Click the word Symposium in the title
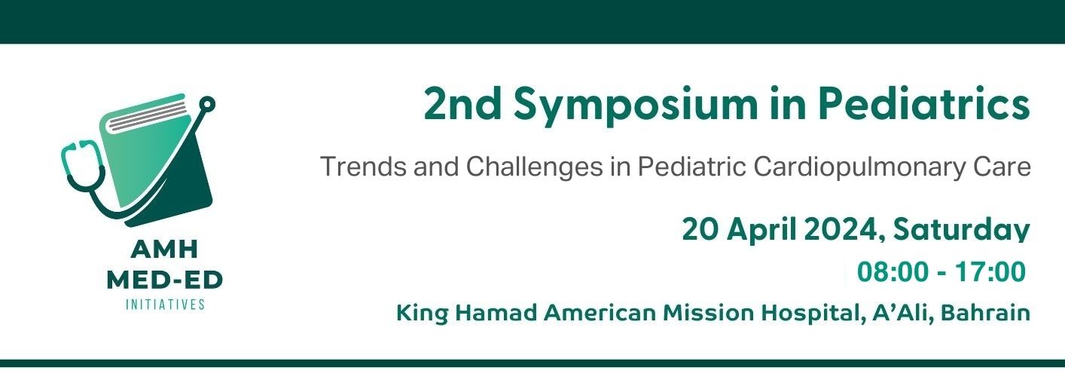[x=636, y=106]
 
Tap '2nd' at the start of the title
[x=462, y=103]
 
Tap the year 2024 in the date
[x=844, y=229]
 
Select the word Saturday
[x=961, y=230]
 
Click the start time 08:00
[x=893, y=272]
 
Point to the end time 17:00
[x=990, y=272]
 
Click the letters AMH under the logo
[x=165, y=250]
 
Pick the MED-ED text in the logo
[x=165, y=280]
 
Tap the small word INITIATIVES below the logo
[x=165, y=305]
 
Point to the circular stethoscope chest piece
[x=206, y=104]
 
